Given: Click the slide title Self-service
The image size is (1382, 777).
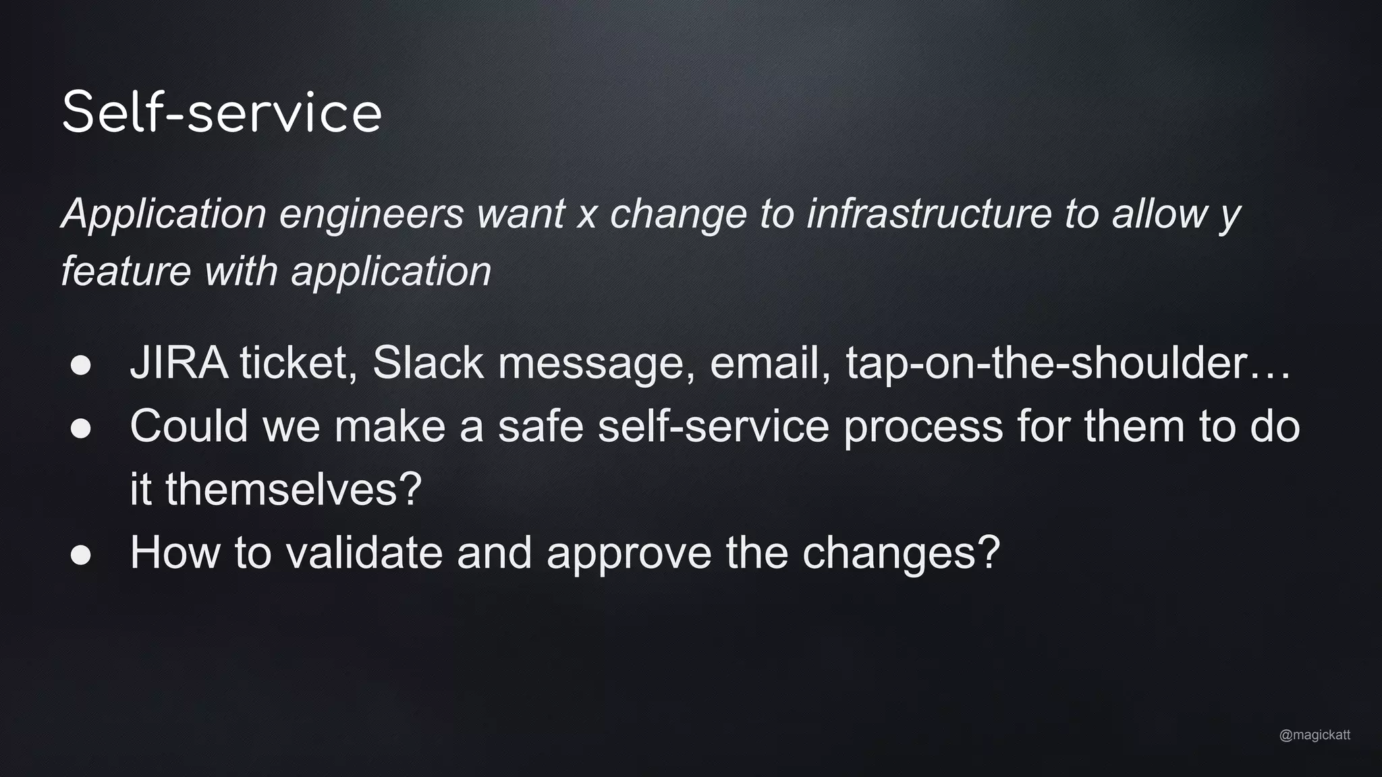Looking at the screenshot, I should (221, 112).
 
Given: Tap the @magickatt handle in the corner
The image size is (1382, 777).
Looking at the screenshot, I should (1315, 735).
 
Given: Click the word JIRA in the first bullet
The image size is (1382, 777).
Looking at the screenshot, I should (179, 363).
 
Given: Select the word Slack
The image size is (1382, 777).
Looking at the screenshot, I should (428, 363).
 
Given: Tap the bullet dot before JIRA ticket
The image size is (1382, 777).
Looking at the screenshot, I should (81, 365).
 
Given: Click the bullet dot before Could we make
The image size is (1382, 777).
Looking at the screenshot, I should (81, 428).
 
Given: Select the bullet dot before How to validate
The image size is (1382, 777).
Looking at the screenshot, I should (81, 554).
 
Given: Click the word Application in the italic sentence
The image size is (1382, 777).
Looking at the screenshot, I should (164, 214).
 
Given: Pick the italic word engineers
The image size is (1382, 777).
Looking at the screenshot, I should (371, 214).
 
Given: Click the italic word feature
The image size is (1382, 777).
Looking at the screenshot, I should (126, 271).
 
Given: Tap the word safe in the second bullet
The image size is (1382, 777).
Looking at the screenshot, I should (541, 426).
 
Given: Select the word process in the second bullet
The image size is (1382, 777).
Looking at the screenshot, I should (923, 428).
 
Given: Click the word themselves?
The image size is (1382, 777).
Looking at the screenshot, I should (294, 489).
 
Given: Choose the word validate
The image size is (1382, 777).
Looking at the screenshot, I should (364, 552).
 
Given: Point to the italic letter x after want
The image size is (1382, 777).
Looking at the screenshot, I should (587, 214).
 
